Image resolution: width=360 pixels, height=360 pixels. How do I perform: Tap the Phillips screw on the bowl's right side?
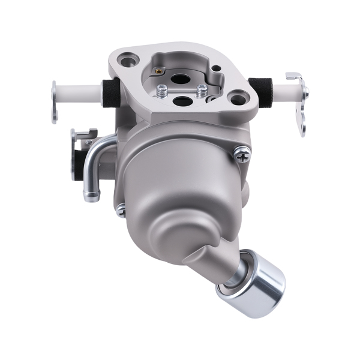click(x=242, y=154)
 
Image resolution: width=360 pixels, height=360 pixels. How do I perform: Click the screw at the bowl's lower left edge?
click(x=121, y=210)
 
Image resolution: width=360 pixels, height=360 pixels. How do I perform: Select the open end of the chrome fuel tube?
click(x=91, y=195)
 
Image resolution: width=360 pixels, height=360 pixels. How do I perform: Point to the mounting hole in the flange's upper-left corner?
click(x=126, y=60)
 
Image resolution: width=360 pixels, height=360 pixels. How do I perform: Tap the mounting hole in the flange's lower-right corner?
click(x=238, y=98)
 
